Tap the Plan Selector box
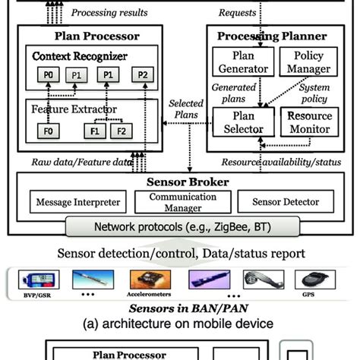pyautogui.click(x=238, y=122)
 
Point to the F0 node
pyautogui.click(x=47, y=131)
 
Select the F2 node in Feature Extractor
pyautogui.click(x=119, y=131)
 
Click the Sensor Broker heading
pyautogui.click(x=179, y=182)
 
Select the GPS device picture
pyautogui.click(x=310, y=280)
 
